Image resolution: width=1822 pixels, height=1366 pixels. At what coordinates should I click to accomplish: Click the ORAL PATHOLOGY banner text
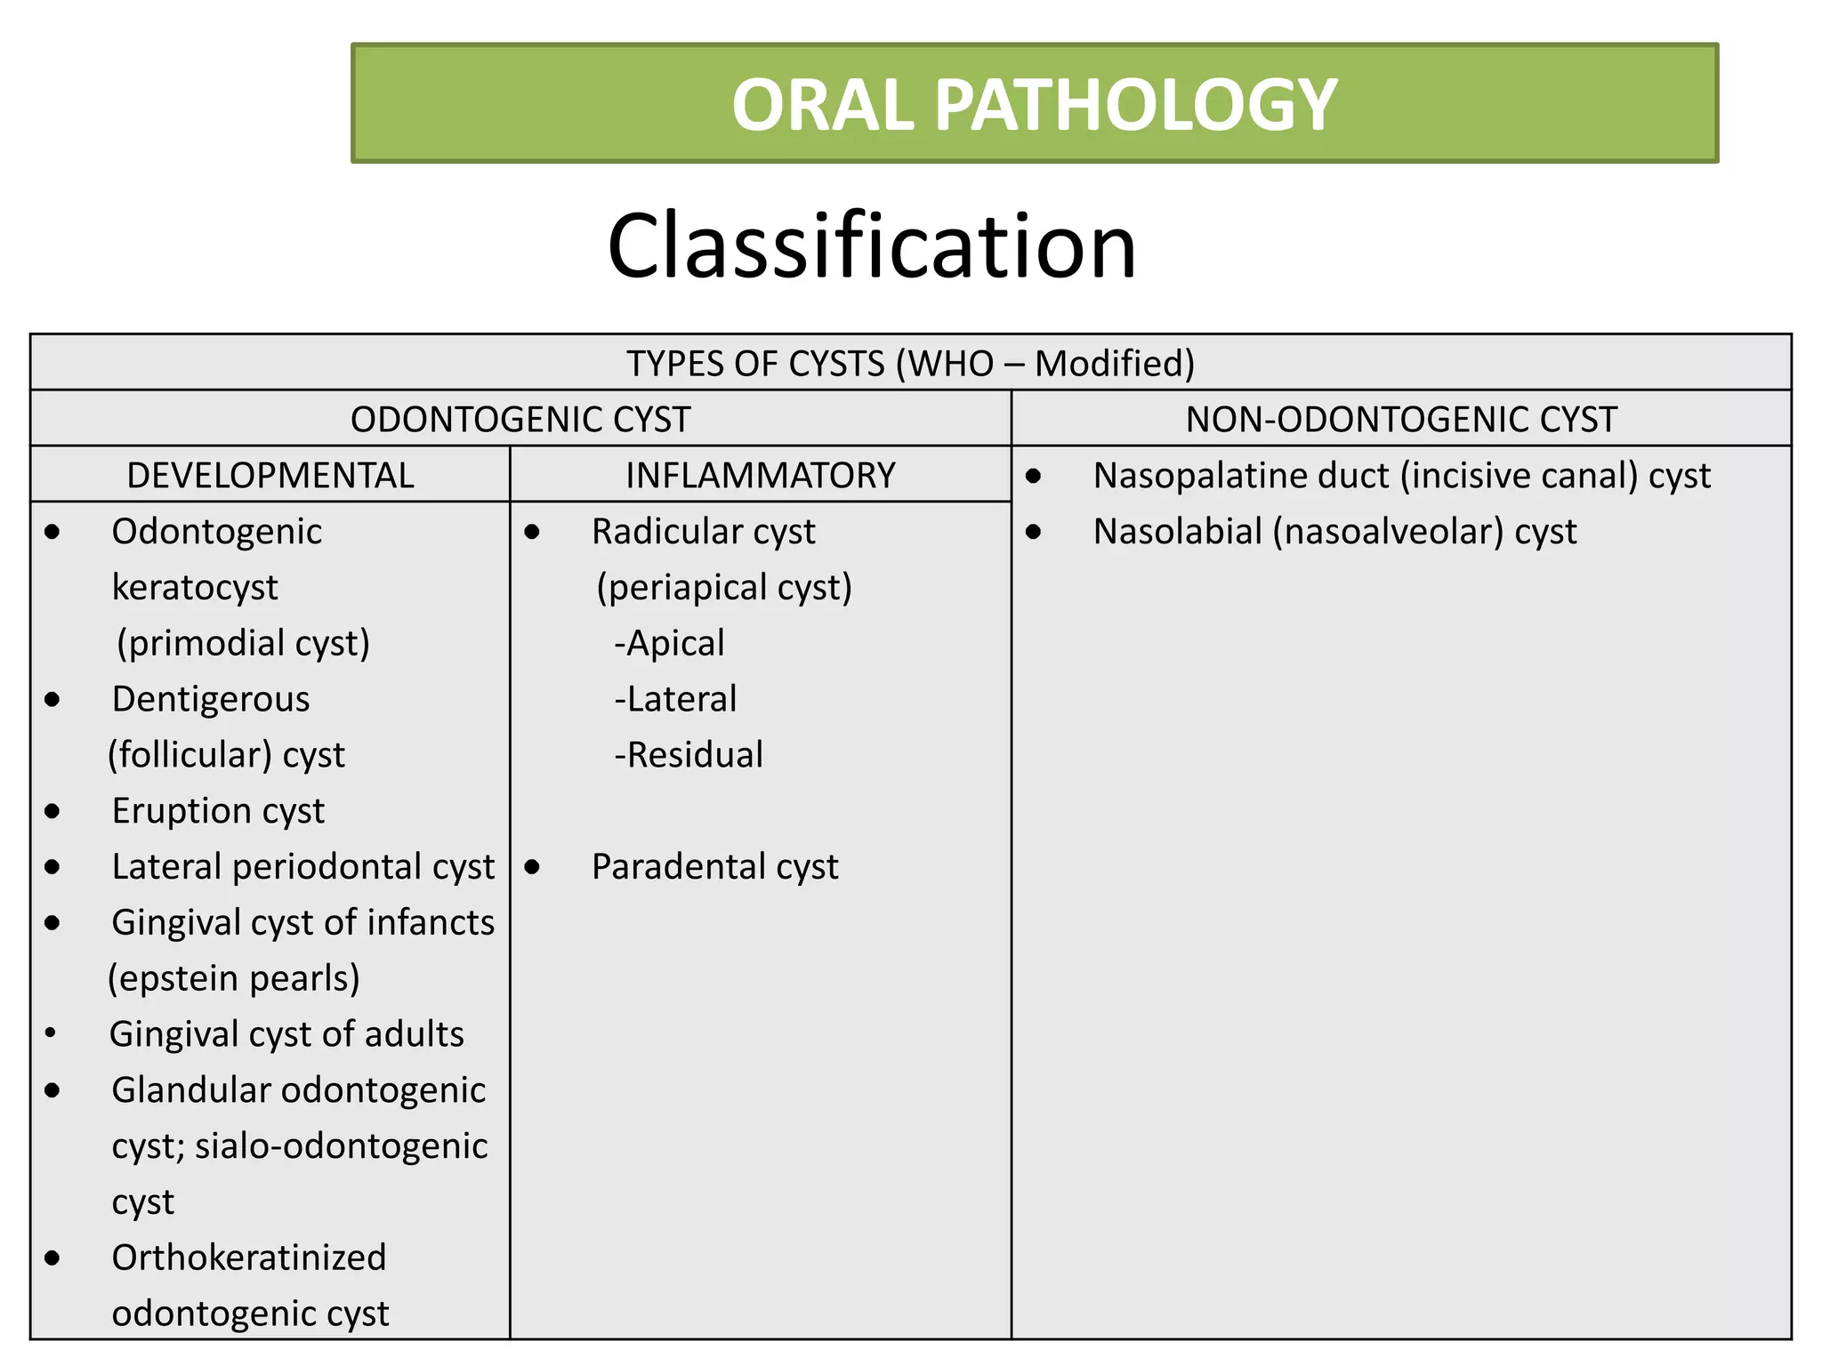pos(1034,105)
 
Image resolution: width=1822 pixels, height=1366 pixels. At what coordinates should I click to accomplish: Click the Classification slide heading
pos(872,246)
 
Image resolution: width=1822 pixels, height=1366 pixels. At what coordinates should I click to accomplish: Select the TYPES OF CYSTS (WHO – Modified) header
pos(910,364)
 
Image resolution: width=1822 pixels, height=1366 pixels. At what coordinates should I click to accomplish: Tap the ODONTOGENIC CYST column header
pos(520,420)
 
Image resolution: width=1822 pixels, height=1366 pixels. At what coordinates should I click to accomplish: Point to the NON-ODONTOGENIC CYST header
pos(1401,420)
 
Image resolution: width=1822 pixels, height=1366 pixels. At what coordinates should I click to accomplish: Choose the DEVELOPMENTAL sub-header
pos(270,476)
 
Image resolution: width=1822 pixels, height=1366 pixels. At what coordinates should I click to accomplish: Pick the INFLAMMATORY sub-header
pos(761,476)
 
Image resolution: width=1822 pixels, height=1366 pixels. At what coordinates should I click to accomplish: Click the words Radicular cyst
pos(703,532)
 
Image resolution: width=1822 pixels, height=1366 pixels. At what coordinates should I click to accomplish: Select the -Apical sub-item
pos(669,643)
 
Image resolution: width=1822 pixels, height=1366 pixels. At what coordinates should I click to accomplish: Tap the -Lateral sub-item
pos(675,699)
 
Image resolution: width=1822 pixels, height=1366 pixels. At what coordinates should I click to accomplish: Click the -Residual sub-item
pos(689,755)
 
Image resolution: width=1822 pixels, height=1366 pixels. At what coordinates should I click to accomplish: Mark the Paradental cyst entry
pos(714,867)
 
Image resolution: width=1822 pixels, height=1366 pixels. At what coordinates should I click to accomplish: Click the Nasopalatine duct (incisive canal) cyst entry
pos(1401,476)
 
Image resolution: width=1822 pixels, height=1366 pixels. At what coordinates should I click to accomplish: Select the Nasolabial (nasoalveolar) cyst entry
pos(1334,532)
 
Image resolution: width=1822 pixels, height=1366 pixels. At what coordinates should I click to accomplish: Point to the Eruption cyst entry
pos(218,811)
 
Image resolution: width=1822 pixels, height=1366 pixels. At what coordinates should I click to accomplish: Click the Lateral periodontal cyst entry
pos(302,867)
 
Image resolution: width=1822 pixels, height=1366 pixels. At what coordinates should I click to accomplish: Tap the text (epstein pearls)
pos(234,978)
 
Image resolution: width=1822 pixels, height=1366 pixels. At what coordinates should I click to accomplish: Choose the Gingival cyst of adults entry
pos(286,1034)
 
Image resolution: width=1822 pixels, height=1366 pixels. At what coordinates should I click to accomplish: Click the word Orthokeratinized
pos(249,1258)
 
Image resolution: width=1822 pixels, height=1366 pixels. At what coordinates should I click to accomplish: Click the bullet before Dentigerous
pos(52,700)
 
